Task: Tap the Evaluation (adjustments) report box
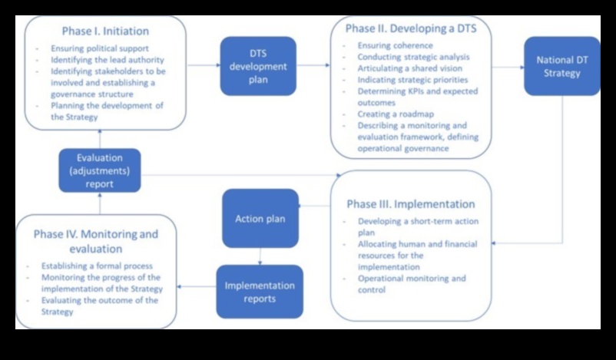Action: coord(100,170)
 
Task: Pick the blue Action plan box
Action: coord(260,218)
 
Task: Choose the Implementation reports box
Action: coord(259,292)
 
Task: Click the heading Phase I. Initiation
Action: coord(105,31)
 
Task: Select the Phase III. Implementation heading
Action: coord(410,204)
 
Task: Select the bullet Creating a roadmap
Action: coord(388,114)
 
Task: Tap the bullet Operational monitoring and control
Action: coord(411,284)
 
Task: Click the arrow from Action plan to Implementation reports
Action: coord(260,255)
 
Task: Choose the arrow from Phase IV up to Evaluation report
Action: coord(101,203)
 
